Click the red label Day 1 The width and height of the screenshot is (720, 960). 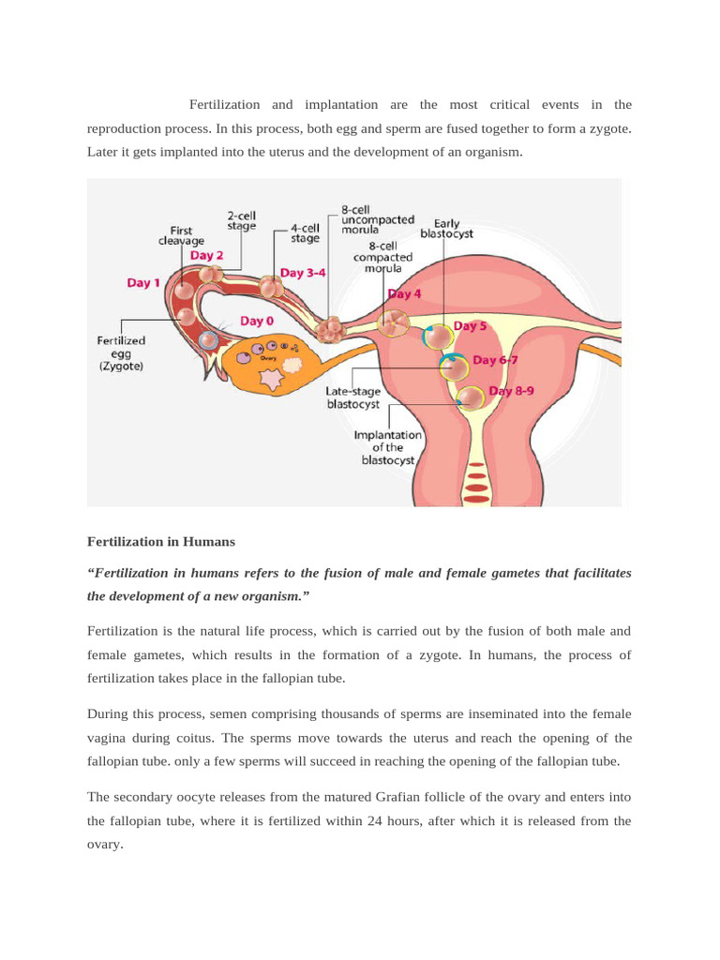[x=143, y=282]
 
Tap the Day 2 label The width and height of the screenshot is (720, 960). [x=206, y=255]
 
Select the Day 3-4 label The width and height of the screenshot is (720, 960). [x=305, y=273]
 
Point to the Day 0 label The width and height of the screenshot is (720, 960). [x=257, y=321]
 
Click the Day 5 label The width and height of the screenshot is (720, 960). [x=470, y=326]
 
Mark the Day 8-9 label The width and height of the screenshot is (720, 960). [x=511, y=391]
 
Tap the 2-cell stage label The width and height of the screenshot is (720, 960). [x=243, y=219]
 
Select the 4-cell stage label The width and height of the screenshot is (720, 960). [x=305, y=232]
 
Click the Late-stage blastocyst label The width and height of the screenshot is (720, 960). [x=352, y=397]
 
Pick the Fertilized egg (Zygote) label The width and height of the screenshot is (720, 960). [x=121, y=353]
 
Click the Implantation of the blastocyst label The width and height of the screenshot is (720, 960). [x=387, y=448]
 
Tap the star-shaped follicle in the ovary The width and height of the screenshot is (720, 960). [x=270, y=380]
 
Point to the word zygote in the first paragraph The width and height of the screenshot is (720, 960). [x=606, y=127]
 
